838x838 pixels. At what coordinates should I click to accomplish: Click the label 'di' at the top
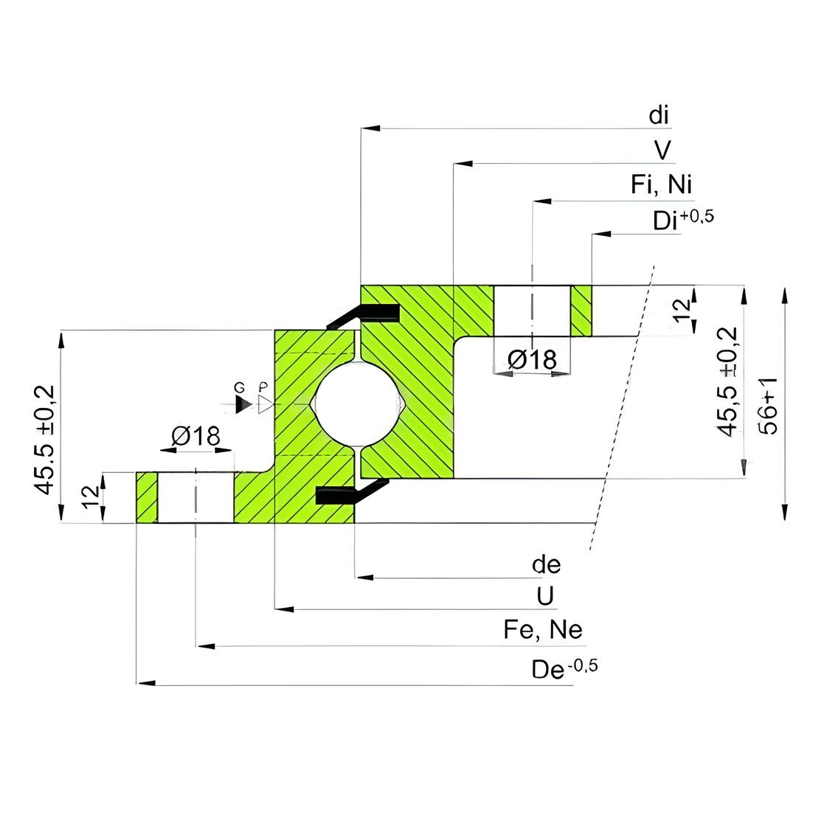[659, 115]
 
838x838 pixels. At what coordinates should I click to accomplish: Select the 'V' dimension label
[662, 150]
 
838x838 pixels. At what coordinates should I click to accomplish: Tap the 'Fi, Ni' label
[662, 184]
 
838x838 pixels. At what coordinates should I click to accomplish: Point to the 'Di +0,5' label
[683, 219]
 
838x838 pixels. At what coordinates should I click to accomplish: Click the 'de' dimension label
[546, 564]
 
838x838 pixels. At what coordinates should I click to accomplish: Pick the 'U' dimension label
[545, 596]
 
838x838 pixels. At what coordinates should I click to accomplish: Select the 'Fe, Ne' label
[543, 629]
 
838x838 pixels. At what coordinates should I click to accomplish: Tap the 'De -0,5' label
[564, 668]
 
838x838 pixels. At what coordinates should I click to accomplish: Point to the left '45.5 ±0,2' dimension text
[44, 440]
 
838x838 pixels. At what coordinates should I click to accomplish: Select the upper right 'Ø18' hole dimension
[533, 360]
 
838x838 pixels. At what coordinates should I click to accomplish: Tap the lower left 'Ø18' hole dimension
[195, 436]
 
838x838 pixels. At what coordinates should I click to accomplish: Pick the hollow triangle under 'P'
[266, 404]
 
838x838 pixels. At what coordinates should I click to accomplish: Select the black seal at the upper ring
[364, 315]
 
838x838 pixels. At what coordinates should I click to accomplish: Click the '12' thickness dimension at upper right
[682, 311]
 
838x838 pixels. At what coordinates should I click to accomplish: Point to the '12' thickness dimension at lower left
[91, 497]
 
